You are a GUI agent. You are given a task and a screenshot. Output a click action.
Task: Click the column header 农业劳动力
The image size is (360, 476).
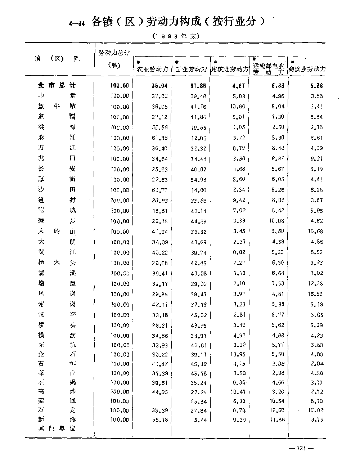[153, 69]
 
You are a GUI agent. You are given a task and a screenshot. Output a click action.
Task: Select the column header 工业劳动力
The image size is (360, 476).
[191, 69]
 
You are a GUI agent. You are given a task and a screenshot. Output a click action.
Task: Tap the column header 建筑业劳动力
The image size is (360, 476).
[230, 69]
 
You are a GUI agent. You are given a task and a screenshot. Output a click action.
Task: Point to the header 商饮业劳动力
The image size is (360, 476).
[307, 69]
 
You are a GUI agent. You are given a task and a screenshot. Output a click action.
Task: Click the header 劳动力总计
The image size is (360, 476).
[114, 53]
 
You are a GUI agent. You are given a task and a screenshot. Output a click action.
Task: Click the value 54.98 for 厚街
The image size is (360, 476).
[199, 179]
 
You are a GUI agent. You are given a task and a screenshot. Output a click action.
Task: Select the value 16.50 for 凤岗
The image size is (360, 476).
[315, 294]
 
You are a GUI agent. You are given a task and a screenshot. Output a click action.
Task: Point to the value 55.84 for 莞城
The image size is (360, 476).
[199, 401]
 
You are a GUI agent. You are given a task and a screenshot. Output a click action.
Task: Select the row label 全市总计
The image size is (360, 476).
[57, 85]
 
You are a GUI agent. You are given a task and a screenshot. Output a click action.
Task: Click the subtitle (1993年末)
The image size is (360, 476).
[176, 36]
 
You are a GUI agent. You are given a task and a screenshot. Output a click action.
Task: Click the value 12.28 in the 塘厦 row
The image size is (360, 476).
[315, 284]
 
